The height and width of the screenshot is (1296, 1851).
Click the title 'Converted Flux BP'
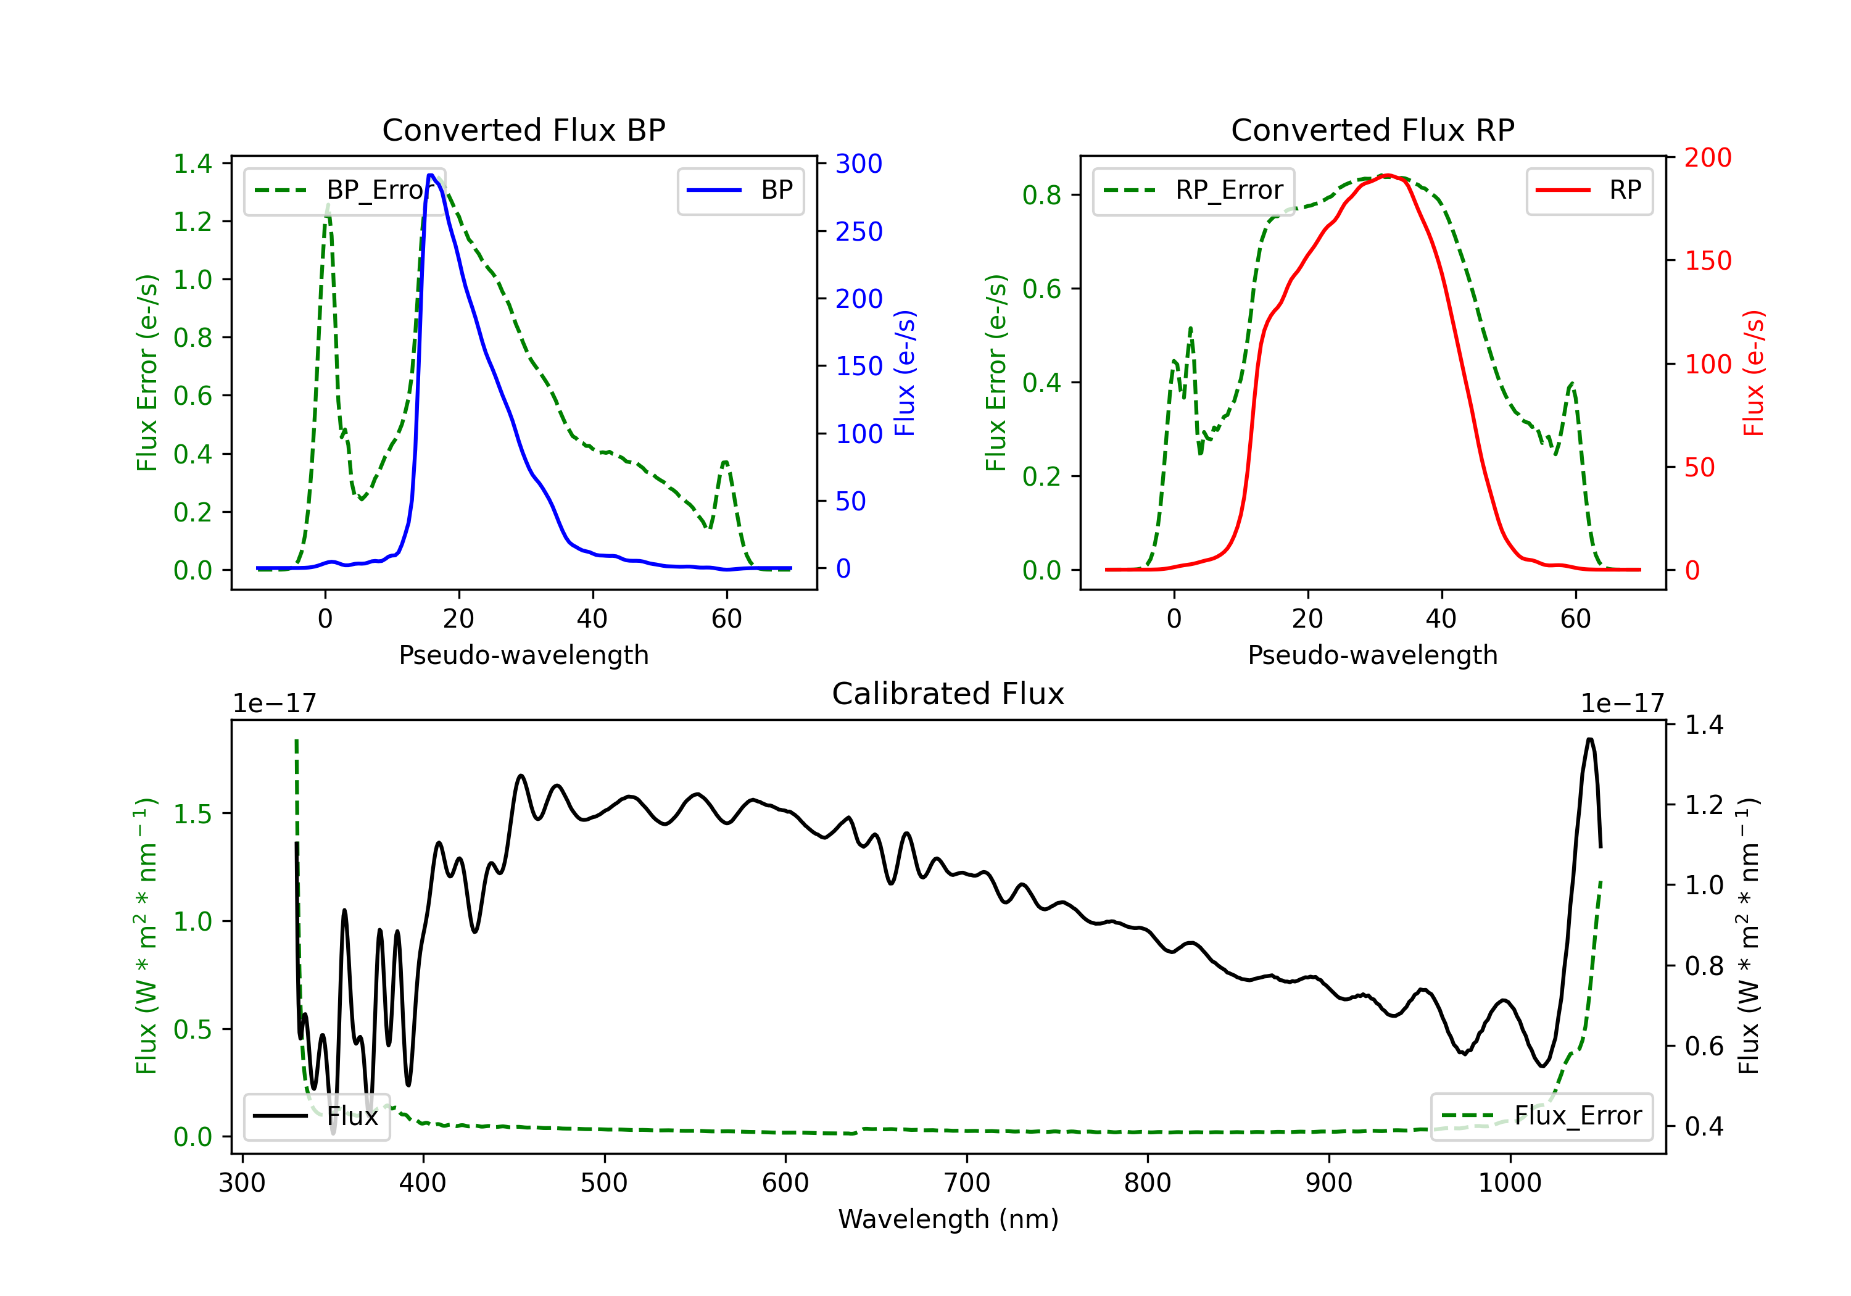(x=524, y=130)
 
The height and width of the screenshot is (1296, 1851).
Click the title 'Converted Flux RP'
(x=1373, y=130)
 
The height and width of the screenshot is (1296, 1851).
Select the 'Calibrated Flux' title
(x=948, y=694)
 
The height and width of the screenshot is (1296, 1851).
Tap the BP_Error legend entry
(x=344, y=190)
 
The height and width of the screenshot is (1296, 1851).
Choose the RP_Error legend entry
(x=1193, y=190)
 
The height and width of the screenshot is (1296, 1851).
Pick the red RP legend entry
(x=1589, y=190)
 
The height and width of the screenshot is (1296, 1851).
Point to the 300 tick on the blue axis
(x=859, y=164)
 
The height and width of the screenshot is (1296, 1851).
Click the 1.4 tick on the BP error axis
(x=193, y=164)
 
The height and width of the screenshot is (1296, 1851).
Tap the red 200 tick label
(x=1707, y=157)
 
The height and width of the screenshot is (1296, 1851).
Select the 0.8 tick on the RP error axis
(x=1041, y=195)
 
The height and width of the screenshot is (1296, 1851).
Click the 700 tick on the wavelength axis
(x=967, y=1183)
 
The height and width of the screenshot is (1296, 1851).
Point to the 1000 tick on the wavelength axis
(x=1510, y=1183)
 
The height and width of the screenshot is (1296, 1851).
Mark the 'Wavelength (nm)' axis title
(x=948, y=1219)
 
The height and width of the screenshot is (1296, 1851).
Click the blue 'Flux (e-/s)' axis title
(x=905, y=373)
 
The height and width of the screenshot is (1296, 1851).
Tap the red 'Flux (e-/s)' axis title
(x=1754, y=373)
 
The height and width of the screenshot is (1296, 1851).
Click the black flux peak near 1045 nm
(x=1590, y=739)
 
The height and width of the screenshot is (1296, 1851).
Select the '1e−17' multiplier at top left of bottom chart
(x=274, y=704)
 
